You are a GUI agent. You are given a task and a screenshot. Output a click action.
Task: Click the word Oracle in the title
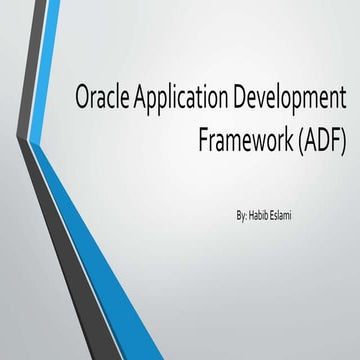tap(101, 101)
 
